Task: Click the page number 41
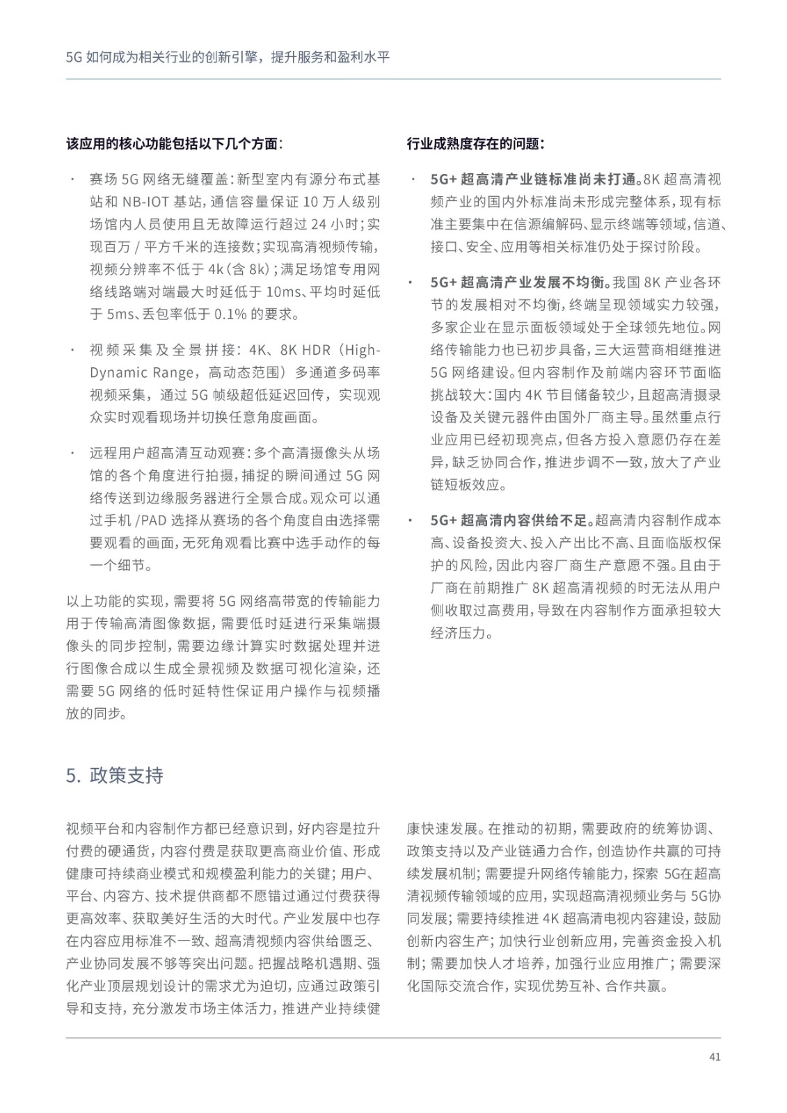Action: pyautogui.click(x=715, y=1057)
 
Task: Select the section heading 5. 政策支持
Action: pyautogui.click(x=115, y=775)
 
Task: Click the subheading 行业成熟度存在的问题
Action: pyautogui.click(x=475, y=144)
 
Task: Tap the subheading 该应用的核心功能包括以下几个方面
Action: pyautogui.click(x=175, y=144)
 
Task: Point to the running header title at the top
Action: pyautogui.click(x=228, y=57)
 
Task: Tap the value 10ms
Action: pyautogui.click(x=283, y=291)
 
